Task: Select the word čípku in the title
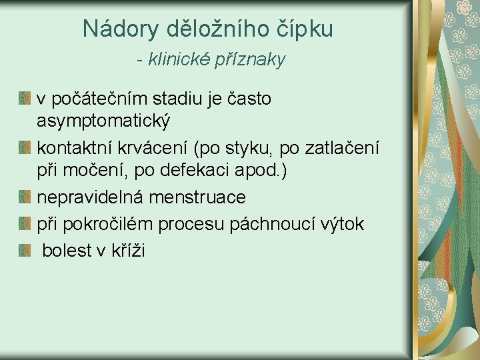pyautogui.click(x=306, y=29)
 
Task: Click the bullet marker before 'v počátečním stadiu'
pyautogui.click(x=25, y=99)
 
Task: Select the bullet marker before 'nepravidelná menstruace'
pyautogui.click(x=25, y=197)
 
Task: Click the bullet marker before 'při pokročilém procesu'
pyautogui.click(x=25, y=224)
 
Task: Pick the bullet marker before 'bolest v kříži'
pyautogui.click(x=25, y=251)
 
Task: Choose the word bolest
pyautogui.click(x=68, y=251)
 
